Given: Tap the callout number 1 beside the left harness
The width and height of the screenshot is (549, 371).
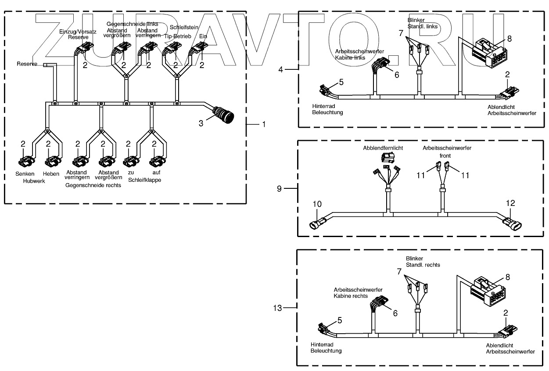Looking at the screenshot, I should click(263, 124).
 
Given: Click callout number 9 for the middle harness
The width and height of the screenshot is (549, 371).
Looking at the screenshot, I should click(280, 188).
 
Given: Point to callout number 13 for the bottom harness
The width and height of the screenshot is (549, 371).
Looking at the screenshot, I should click(277, 308).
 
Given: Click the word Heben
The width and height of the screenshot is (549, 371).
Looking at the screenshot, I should click(51, 174).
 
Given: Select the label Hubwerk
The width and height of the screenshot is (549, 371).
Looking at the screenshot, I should click(34, 181).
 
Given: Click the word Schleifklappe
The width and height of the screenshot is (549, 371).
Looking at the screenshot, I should click(144, 180).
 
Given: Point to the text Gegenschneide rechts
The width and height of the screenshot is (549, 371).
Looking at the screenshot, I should click(93, 185).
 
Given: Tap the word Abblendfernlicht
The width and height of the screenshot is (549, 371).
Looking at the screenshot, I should click(383, 148).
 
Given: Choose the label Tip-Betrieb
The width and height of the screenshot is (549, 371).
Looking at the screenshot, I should click(177, 36).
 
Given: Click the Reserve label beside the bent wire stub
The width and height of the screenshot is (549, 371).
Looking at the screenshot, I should click(27, 64).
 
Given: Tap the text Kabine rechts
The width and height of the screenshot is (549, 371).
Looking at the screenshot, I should click(351, 296).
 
